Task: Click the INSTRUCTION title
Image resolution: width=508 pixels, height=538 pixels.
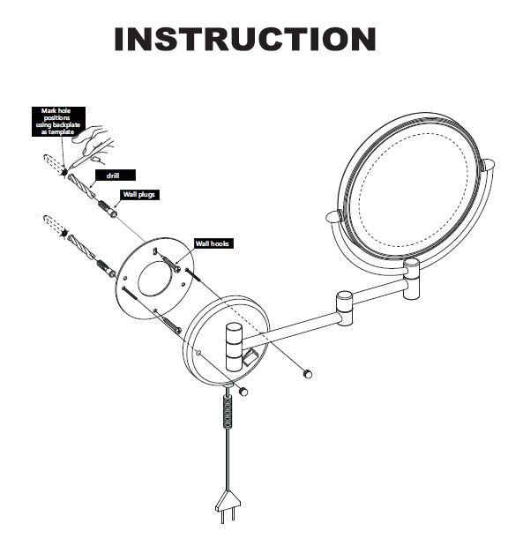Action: [x=245, y=39]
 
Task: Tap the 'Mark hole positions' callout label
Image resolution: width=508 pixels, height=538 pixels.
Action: [x=58, y=122]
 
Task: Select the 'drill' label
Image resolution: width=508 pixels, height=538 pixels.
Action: [x=116, y=176]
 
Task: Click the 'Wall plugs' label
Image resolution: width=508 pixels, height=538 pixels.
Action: [x=139, y=195]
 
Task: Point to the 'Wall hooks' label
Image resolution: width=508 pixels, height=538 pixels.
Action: [x=213, y=243]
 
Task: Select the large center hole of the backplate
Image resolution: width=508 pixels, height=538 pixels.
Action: [x=155, y=279]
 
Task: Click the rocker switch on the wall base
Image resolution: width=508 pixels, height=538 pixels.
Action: [x=250, y=357]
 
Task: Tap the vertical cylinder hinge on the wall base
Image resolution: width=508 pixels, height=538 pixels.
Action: [x=234, y=347]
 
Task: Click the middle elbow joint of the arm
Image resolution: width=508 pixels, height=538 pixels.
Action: [x=345, y=308]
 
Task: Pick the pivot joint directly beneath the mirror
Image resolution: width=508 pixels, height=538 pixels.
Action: [x=411, y=279]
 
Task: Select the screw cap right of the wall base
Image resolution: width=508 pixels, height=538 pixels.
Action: [x=307, y=373]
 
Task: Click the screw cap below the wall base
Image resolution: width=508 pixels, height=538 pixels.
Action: [x=243, y=391]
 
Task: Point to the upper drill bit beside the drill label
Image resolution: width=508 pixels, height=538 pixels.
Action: [x=82, y=186]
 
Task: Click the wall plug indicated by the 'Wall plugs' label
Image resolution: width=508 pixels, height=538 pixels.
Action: [x=108, y=209]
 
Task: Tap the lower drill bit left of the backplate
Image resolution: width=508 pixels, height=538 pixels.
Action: [x=81, y=247]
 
